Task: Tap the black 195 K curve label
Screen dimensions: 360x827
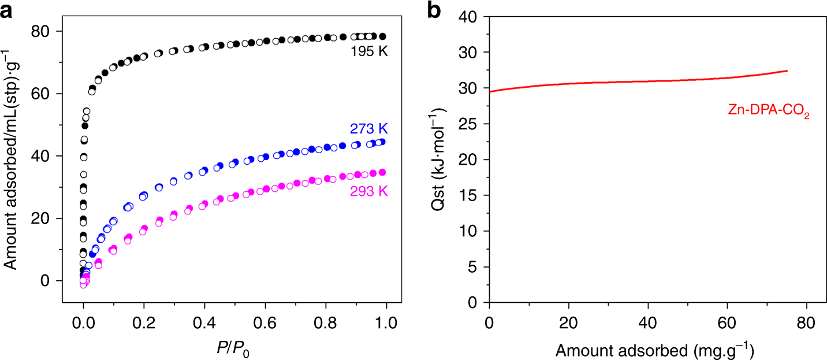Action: tap(368, 52)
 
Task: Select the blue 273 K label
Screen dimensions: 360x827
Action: tap(368, 128)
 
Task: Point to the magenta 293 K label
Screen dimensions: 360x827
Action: tap(368, 191)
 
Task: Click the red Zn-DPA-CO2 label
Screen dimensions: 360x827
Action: tap(766, 114)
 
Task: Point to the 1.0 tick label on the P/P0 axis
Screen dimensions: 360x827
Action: tap(385, 320)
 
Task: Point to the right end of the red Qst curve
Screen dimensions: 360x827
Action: tap(787, 71)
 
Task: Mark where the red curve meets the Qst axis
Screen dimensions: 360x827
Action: tap(490, 91)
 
